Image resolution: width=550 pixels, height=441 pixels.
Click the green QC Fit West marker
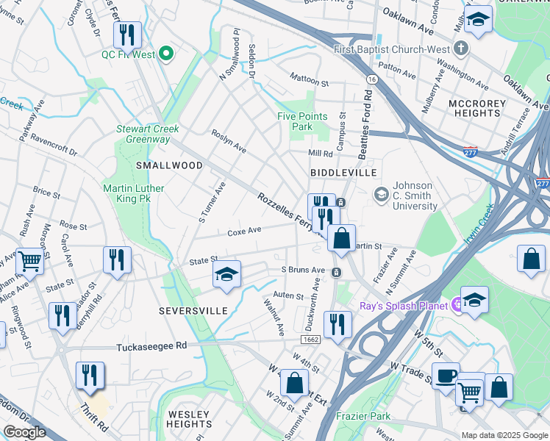[166, 53]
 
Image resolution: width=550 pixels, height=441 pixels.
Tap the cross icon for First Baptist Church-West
[461, 49]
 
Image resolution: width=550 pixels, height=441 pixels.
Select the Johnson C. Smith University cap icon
[381, 194]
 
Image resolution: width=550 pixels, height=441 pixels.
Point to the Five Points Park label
[296, 121]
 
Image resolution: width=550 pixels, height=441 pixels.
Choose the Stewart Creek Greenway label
[148, 134]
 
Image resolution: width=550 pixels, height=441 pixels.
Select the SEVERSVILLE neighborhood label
[193, 311]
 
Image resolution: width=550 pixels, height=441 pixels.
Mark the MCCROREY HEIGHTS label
[477, 107]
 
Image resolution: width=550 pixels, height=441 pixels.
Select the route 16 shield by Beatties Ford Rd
[373, 79]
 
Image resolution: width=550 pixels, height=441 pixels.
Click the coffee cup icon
[445, 375]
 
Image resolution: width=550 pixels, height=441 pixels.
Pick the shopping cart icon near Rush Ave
[29, 260]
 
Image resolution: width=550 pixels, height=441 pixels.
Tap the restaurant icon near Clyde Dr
[126, 34]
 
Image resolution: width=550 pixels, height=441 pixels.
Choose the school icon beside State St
[226, 274]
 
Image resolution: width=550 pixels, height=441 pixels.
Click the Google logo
[24, 432]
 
